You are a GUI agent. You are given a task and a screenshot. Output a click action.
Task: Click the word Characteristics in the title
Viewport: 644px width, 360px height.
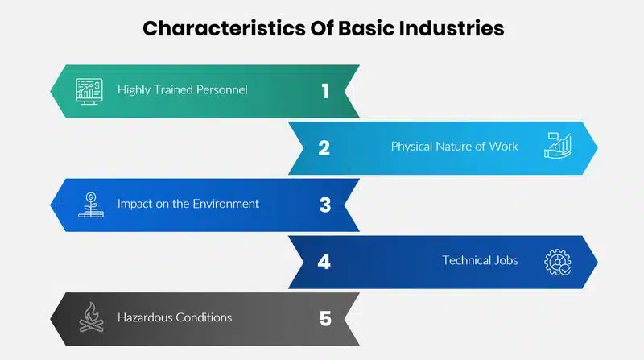(224, 28)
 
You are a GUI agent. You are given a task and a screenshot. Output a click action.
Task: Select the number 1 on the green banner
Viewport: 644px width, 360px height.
(325, 91)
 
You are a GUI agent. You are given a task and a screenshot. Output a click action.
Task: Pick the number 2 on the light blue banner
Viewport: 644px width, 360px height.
(324, 148)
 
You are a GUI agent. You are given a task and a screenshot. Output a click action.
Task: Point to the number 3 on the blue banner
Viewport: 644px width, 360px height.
(325, 205)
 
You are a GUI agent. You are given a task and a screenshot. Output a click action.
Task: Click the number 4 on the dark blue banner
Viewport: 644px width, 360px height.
(324, 262)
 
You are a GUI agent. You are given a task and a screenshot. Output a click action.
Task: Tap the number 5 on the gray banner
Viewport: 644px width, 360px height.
(325, 318)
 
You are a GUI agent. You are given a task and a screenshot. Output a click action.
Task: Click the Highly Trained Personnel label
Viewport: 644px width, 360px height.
(183, 90)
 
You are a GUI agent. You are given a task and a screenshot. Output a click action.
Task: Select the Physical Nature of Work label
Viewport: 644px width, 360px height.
(454, 147)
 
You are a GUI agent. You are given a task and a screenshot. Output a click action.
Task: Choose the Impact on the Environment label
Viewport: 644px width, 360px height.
(188, 204)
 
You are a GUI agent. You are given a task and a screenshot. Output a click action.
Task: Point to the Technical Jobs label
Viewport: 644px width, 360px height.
(480, 260)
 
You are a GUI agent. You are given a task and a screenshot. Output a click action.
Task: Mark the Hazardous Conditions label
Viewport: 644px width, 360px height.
(175, 317)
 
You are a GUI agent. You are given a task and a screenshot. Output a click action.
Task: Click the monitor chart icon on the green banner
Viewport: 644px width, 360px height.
(89, 91)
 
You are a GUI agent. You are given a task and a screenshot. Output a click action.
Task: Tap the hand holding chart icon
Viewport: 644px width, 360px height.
(558, 146)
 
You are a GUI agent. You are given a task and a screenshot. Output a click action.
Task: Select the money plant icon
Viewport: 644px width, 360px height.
(91, 205)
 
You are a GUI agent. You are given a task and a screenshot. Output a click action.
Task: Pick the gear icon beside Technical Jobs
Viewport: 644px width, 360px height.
(558, 263)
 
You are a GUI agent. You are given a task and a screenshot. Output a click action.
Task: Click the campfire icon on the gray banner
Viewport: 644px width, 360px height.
(91, 317)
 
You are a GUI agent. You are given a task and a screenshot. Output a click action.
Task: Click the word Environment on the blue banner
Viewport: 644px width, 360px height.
(226, 204)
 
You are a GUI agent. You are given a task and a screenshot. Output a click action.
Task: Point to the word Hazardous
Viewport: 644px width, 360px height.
(145, 317)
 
